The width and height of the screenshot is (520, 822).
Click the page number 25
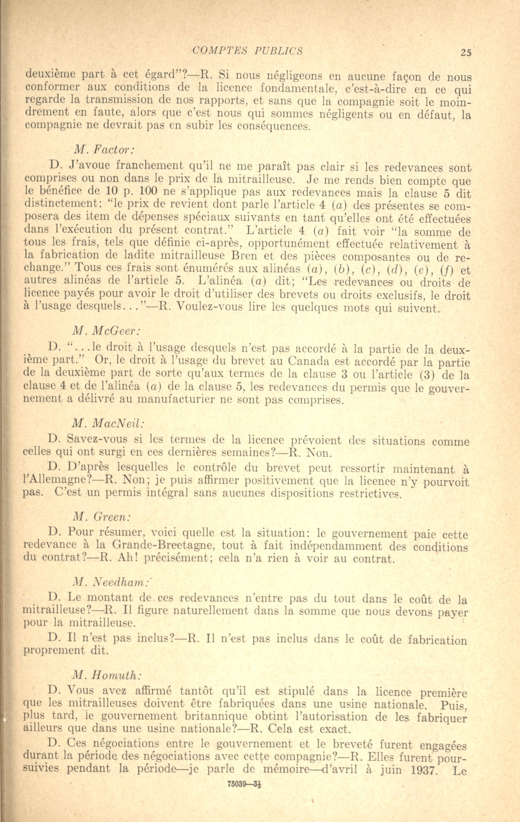point(466,52)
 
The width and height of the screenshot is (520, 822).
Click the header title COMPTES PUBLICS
point(248,51)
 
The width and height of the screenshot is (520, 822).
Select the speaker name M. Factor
point(104,149)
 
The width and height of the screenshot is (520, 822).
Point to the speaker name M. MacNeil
point(109,424)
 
